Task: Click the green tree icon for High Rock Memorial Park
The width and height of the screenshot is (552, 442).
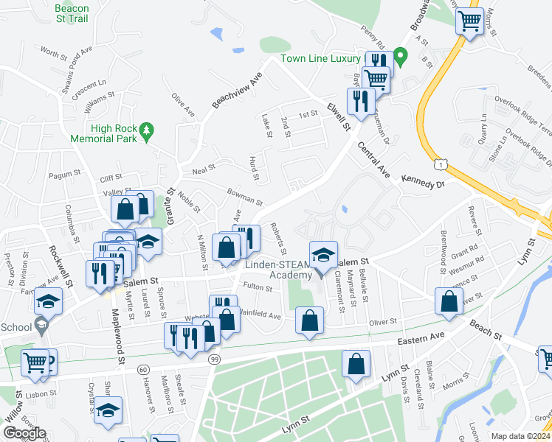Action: (x=147, y=130)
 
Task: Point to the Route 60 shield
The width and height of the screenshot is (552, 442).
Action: (x=143, y=368)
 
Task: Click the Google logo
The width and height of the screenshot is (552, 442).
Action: (x=24, y=433)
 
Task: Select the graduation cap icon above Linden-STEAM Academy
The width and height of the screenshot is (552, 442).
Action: (x=323, y=255)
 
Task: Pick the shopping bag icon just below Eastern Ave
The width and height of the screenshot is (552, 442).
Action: (x=356, y=365)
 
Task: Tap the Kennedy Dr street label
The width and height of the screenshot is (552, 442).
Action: (x=424, y=180)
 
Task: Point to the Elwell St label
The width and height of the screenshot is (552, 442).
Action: (x=337, y=118)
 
